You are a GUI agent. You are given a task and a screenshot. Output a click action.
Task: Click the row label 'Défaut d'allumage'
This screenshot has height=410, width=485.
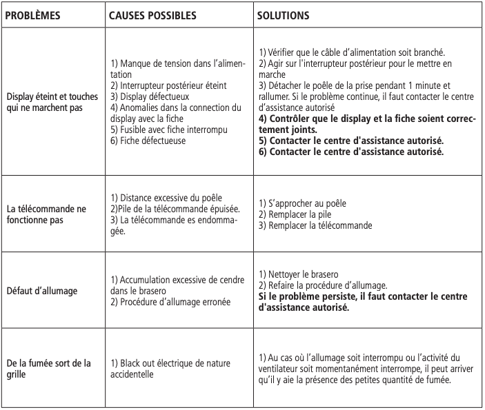tap(41, 291)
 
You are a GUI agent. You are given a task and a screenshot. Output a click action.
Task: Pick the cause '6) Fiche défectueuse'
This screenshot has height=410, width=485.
tap(148, 141)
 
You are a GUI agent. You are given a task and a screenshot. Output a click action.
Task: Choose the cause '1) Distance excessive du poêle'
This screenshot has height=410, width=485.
tap(166, 198)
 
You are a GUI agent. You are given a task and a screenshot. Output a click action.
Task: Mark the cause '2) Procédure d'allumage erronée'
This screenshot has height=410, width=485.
tap(170, 302)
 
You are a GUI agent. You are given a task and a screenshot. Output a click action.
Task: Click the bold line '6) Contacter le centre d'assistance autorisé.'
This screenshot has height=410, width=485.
tap(351, 150)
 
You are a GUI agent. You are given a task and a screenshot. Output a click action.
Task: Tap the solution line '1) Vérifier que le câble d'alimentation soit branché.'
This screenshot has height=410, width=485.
tap(351, 53)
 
